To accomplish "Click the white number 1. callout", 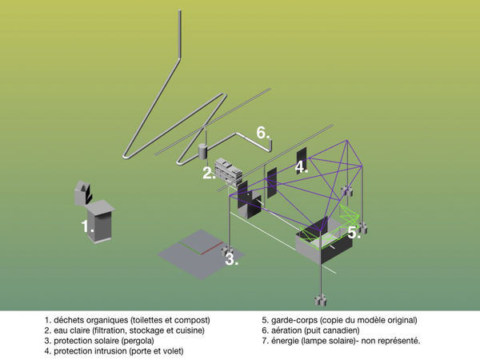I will tap(87, 226).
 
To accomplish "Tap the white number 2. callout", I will tap(208, 173).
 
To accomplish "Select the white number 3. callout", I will tap(230, 258).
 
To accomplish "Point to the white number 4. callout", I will tap(301, 167).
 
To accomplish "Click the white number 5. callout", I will tap(354, 233).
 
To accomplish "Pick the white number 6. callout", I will tap(263, 132).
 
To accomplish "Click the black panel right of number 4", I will tap(302, 155).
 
